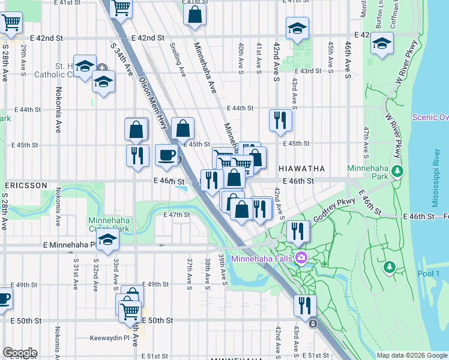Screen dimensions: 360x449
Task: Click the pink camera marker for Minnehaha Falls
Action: coord(301,259)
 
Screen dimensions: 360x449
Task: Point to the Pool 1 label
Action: coord(430,274)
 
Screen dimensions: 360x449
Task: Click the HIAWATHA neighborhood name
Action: coord(301,169)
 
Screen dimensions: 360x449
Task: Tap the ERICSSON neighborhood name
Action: coord(25,185)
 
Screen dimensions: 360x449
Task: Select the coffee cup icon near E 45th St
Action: coord(167,155)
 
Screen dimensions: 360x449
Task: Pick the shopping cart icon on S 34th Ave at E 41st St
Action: coord(121,8)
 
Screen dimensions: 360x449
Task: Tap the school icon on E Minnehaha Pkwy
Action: coord(107,240)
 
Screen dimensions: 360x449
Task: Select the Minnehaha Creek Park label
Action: coord(109,224)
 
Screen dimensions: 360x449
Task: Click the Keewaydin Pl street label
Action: coord(110,338)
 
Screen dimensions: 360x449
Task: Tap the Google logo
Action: coord(19,353)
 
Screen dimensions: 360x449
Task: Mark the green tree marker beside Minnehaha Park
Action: coord(397,172)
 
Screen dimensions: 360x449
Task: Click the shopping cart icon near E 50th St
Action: coord(130,311)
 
